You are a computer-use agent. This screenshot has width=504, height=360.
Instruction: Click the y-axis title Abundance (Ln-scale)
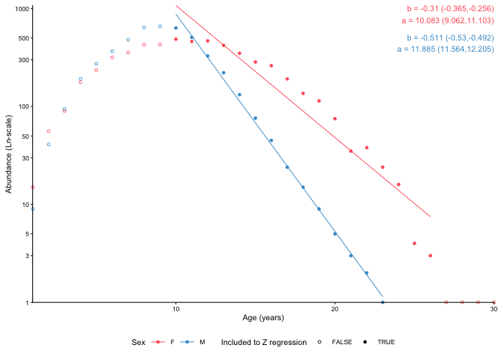coord(9,154)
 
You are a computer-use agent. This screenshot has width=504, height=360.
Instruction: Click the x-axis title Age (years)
coord(263,318)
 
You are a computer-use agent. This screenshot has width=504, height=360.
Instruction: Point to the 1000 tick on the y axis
coord(20,8)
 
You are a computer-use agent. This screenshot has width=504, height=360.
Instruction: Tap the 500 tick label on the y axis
coord(22,37)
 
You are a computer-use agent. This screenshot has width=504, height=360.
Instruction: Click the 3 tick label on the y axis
coord(26,256)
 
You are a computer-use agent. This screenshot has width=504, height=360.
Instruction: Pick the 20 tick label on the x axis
coord(334,309)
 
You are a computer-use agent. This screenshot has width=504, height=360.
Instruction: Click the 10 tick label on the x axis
coord(175,309)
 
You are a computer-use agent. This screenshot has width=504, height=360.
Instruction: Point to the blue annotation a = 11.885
coord(445,49)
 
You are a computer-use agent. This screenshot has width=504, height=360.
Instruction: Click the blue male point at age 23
coord(382,302)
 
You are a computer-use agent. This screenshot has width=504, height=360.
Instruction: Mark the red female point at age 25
coord(414,243)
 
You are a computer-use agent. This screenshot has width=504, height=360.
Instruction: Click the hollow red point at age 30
coord(493,302)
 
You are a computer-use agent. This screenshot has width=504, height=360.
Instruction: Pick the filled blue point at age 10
coord(175,28)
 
